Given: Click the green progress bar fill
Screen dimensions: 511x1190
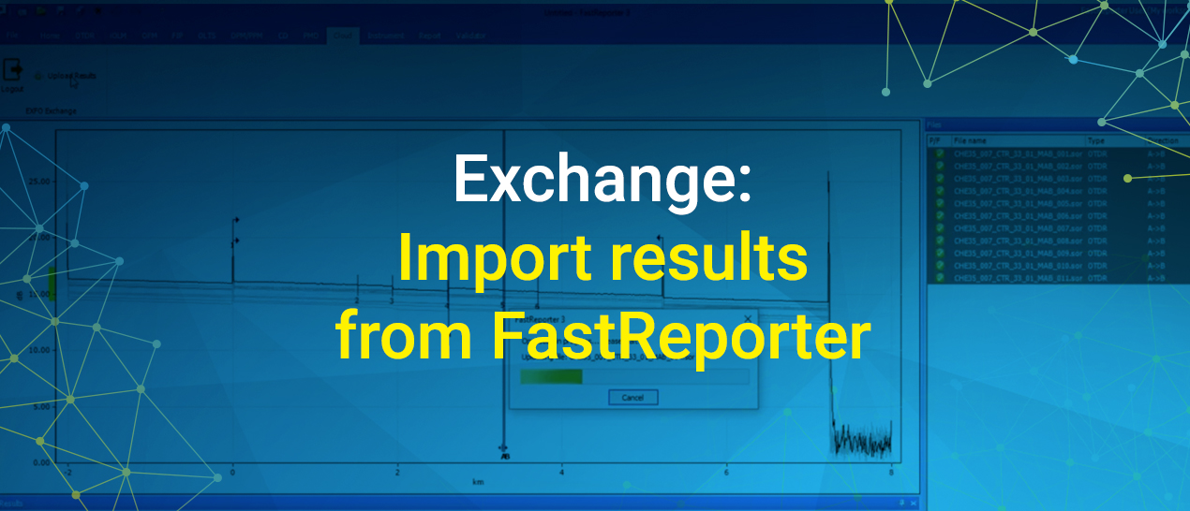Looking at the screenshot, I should pyautogui.click(x=551, y=376).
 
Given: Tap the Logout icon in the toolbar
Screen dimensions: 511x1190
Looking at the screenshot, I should pyautogui.click(x=13, y=71).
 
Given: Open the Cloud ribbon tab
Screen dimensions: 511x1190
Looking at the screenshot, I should pyautogui.click(x=343, y=36).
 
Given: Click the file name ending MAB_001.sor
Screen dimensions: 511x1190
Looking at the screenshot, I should pyautogui.click(x=1018, y=153).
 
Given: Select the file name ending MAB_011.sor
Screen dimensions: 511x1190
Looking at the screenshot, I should pyautogui.click(x=1018, y=278).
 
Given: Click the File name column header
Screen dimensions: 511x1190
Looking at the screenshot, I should pyautogui.click(x=971, y=140).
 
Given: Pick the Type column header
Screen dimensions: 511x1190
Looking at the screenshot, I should pyautogui.click(x=1096, y=140).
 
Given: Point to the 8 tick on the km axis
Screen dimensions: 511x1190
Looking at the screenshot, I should pyautogui.click(x=891, y=474).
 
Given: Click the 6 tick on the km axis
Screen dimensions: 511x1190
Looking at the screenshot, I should pyautogui.click(x=726, y=474).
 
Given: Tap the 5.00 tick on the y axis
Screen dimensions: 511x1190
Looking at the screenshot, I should pyautogui.click(x=41, y=407).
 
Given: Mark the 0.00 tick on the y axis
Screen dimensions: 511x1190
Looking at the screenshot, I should pyautogui.click(x=41, y=462).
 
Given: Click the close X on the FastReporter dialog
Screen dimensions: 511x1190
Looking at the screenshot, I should pyautogui.click(x=746, y=319).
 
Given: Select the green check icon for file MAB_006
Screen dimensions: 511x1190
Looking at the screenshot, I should pyautogui.click(x=939, y=215).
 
